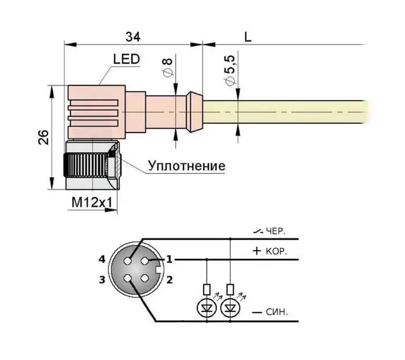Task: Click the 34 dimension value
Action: (x=133, y=36)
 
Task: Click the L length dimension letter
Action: (x=248, y=37)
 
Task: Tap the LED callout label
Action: (x=127, y=59)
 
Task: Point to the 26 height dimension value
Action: (x=43, y=137)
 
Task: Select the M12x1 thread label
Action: (x=92, y=203)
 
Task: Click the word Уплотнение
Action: (x=187, y=166)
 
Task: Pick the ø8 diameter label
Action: (x=167, y=68)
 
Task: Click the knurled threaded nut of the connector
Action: (x=85, y=165)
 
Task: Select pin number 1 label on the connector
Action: (x=169, y=259)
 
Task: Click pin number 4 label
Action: (x=102, y=259)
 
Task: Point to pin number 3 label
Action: (x=102, y=280)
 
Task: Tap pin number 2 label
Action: (x=170, y=280)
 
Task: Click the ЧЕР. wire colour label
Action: (x=276, y=232)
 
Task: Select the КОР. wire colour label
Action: (x=277, y=251)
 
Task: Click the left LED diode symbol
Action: (x=207, y=308)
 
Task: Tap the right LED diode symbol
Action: (x=230, y=308)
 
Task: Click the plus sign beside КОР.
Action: (x=257, y=251)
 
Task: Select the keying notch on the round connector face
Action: (x=160, y=270)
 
